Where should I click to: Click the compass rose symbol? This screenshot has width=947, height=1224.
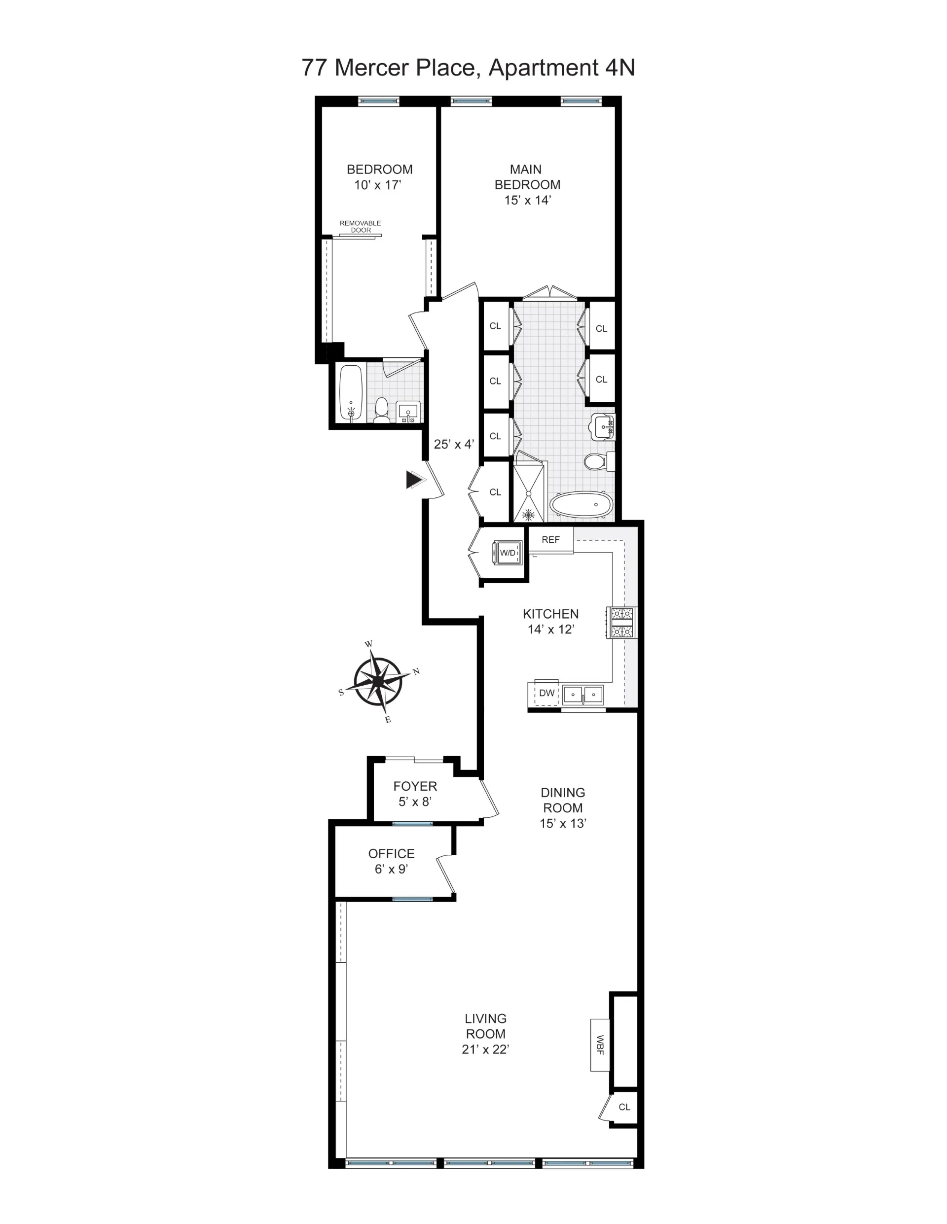tap(379, 681)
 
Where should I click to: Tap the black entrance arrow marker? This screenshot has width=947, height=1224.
tap(414, 480)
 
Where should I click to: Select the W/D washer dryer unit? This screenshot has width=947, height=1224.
tap(507, 553)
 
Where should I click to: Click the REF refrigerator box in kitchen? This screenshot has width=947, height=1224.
tap(550, 540)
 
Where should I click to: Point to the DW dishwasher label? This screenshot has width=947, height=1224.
tap(546, 693)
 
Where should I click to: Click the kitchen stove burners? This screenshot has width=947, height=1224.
tap(622, 623)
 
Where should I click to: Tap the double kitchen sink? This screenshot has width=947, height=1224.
tap(583, 695)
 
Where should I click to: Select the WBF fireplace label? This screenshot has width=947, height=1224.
tap(600, 1045)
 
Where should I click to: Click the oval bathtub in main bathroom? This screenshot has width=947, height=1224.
tap(582, 505)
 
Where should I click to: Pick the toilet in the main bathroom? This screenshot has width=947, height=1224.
tap(593, 462)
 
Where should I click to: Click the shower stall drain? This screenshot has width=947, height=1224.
tap(528, 514)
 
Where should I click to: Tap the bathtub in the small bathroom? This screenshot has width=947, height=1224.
tap(352, 393)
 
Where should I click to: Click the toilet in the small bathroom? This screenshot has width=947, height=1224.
tap(381, 409)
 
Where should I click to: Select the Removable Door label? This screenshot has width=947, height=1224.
tap(361, 226)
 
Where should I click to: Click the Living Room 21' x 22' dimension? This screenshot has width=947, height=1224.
tap(485, 1049)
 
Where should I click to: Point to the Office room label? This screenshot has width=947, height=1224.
tap(391, 854)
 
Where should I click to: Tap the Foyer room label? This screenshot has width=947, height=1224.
tap(415, 786)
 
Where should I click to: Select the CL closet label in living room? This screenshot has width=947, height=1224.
tap(624, 1107)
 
